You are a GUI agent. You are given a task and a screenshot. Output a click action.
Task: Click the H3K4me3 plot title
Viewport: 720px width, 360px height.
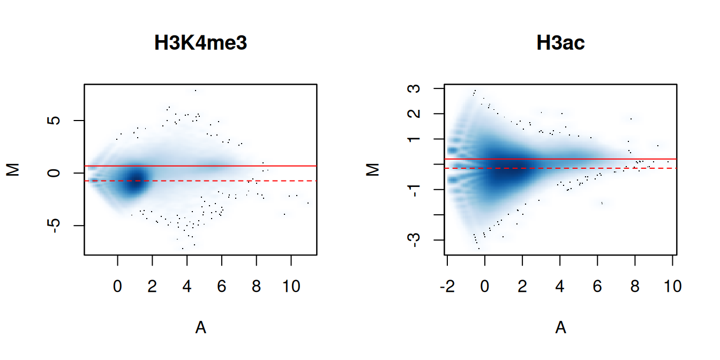(200, 43)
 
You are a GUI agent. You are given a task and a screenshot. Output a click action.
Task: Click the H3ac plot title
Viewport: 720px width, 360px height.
(560, 43)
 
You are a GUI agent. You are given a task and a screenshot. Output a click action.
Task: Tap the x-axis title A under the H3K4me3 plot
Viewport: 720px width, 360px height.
(200, 328)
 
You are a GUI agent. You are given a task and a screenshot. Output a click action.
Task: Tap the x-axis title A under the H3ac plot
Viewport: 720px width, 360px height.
(560, 328)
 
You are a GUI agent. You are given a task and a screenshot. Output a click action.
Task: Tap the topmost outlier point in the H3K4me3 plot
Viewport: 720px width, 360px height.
(196, 91)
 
